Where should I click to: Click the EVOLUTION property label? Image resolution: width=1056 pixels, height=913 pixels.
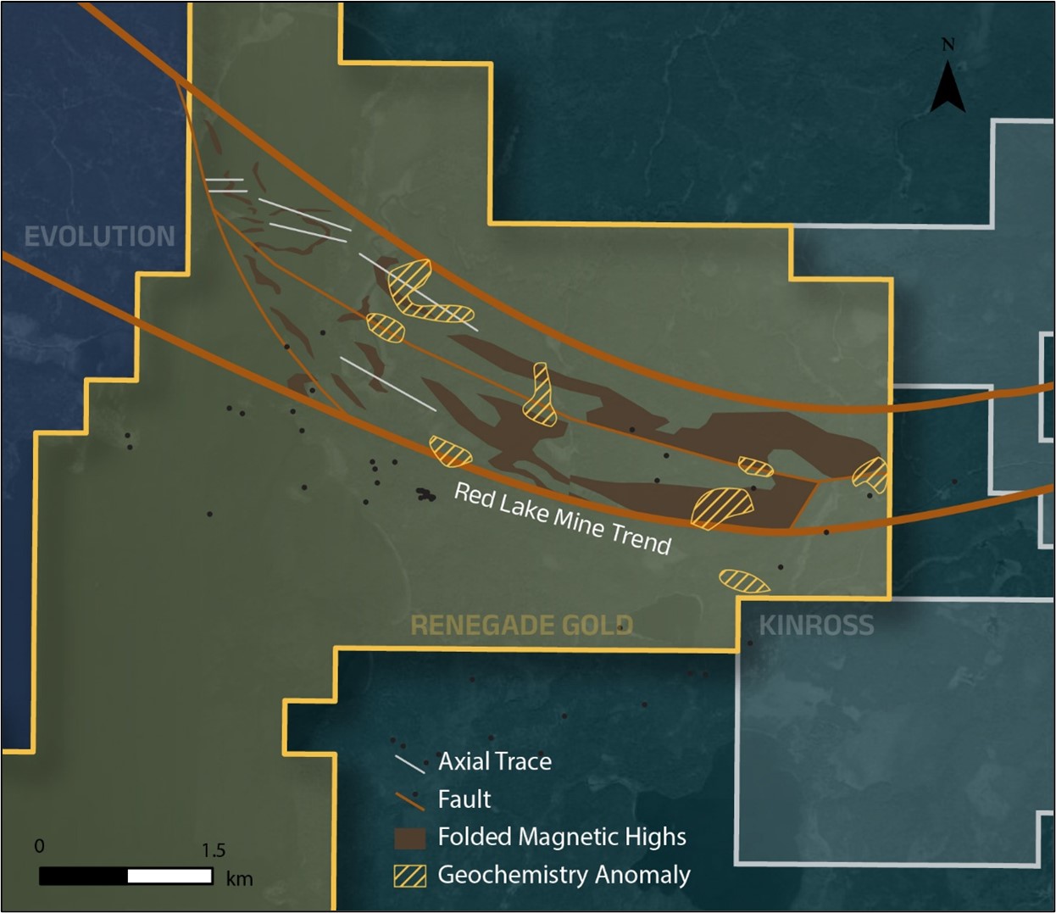coord(99,237)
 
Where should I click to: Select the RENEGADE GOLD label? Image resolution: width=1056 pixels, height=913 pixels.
coord(521,626)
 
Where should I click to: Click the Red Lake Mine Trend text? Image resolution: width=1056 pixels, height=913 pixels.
coord(563,518)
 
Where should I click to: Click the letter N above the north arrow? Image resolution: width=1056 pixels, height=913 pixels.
coord(948,45)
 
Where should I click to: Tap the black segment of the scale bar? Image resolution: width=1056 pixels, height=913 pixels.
coord(83,876)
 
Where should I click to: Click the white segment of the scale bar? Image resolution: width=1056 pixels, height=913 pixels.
coord(170,876)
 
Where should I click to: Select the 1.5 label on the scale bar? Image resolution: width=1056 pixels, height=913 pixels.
coord(214,850)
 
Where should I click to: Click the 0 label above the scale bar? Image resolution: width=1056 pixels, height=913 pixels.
coord(39,846)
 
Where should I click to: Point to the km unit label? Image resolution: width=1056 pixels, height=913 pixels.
coord(239,878)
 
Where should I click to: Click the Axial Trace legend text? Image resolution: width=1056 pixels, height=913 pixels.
coord(495,761)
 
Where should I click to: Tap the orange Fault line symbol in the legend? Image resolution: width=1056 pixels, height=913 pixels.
coord(409,799)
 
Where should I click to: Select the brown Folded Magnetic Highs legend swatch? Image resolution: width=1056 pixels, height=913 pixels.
coord(410,838)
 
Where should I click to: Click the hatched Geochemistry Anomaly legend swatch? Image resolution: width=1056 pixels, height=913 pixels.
coord(410,876)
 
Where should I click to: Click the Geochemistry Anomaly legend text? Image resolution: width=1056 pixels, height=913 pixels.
coord(564,875)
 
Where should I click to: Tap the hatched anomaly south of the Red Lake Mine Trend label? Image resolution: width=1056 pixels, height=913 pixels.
coord(744,581)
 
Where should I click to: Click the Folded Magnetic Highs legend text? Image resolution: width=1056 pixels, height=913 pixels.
coord(562,837)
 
